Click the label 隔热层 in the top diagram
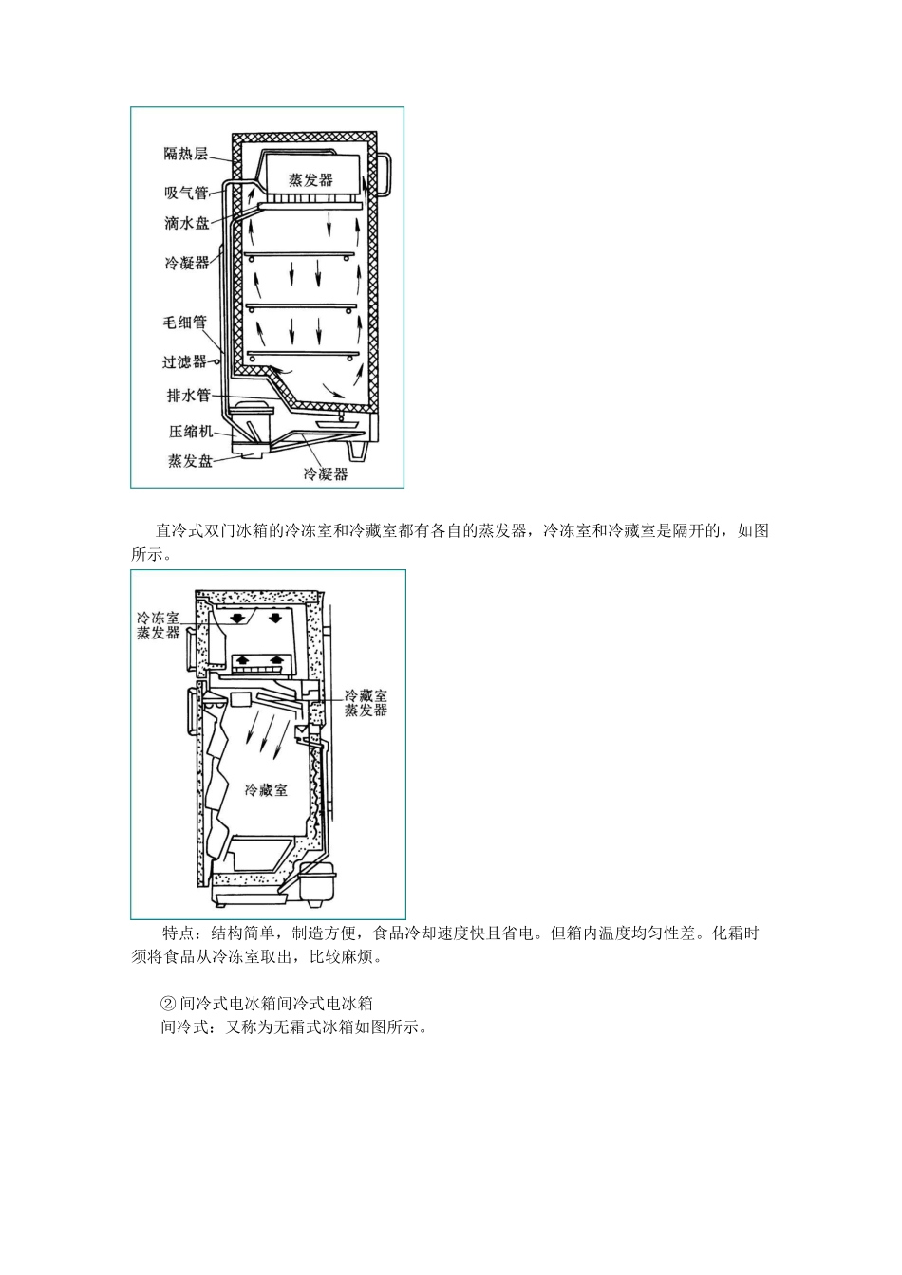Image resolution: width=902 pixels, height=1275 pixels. click(185, 154)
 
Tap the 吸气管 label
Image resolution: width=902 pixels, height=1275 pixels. click(185, 193)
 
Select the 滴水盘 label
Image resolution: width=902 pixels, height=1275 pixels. click(186, 223)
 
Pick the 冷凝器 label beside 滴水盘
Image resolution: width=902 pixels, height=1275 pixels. click(186, 263)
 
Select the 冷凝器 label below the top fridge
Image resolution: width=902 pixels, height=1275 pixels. click(325, 473)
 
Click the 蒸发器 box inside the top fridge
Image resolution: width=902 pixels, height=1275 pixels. click(311, 178)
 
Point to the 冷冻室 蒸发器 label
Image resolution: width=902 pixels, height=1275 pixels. click(158, 625)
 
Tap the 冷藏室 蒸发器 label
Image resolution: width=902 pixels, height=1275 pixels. click(366, 703)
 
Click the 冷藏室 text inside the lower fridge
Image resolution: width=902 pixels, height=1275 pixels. click(266, 789)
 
